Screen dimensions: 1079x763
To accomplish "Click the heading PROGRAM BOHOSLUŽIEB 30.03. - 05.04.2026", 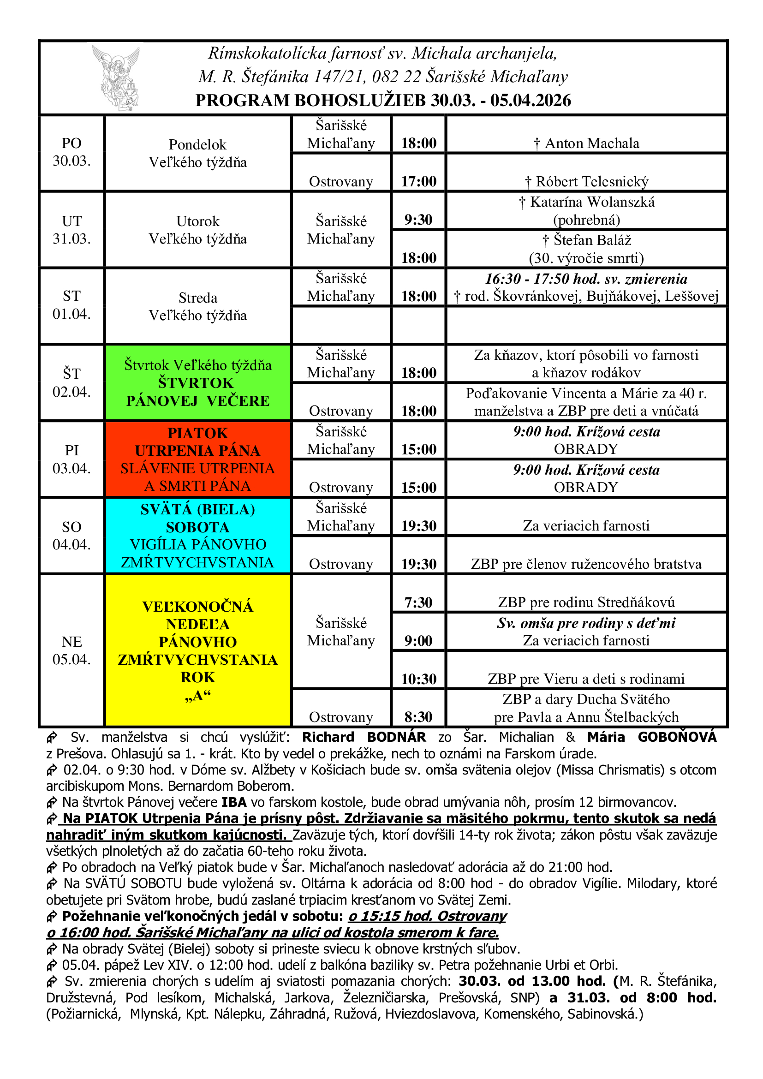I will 383,101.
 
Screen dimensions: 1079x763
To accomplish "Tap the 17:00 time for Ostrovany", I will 418,181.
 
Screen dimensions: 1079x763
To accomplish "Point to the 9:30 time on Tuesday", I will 418,220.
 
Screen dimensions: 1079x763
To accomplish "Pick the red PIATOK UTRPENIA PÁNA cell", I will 198,459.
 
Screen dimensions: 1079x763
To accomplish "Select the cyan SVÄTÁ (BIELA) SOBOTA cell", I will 198,536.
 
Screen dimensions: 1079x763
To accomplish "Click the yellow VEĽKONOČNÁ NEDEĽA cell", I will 198,650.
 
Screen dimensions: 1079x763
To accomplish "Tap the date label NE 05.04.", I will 72,650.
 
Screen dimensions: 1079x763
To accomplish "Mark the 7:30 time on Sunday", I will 418,602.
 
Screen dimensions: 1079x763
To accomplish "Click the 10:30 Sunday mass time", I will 418,679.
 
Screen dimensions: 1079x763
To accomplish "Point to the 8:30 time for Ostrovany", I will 418,717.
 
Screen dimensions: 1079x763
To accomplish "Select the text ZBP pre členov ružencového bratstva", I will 586,564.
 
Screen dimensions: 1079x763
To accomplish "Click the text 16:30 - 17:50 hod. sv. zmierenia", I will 586,279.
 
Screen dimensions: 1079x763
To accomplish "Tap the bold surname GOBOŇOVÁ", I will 677,737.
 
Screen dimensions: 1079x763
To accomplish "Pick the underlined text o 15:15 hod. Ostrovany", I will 427,916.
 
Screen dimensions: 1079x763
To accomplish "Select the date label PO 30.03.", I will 72,152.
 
